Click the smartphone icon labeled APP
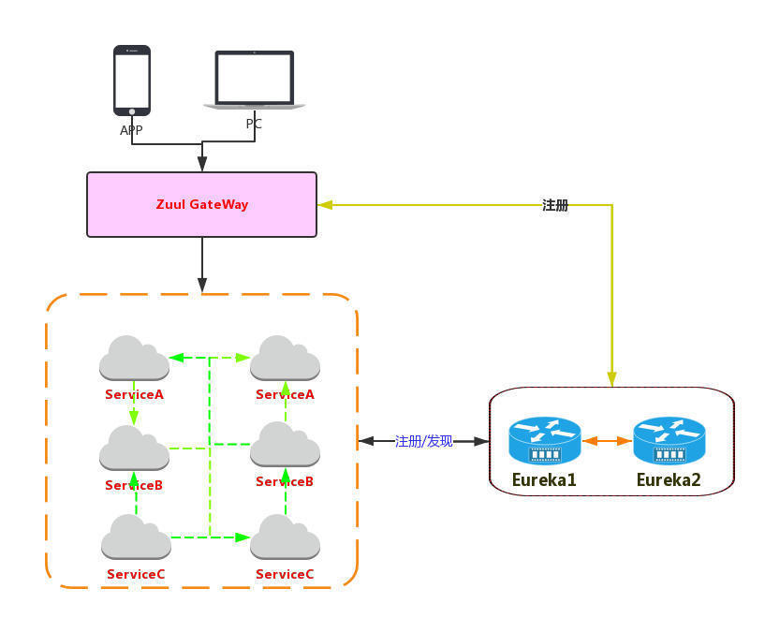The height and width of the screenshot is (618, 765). pos(132,81)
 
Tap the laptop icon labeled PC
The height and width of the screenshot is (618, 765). pos(255,80)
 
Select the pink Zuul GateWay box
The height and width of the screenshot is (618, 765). pos(201,204)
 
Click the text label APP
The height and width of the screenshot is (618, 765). pos(131,130)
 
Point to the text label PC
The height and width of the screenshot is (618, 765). pos(254,124)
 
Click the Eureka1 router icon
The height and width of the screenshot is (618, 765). pos(544,440)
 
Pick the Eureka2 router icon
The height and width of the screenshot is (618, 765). pos(669,440)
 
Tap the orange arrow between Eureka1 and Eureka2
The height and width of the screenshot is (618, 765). pos(607,440)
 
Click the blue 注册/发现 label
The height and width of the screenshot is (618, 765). pos(423,441)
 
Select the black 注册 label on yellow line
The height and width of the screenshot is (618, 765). pos(555,205)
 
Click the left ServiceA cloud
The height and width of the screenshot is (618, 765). pos(134,359)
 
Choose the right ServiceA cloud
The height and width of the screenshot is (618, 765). pos(285,359)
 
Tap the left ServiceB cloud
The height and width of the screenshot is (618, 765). pos(134,449)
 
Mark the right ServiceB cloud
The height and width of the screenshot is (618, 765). pos(285,447)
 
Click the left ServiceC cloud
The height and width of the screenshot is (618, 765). pos(136,537)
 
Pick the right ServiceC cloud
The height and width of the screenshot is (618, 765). pos(285,537)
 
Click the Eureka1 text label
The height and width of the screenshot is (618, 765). pos(544,480)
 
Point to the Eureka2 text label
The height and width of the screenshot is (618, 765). pos(669,480)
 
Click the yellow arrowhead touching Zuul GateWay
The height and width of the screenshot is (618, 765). pos(324,205)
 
